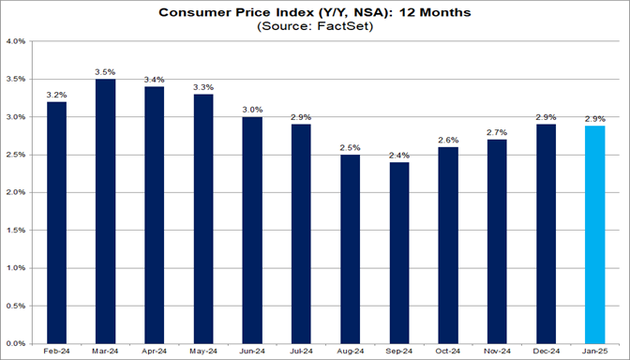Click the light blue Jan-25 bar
tap(595, 234)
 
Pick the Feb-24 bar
tap(56, 222)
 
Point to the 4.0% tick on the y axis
tap(16, 42)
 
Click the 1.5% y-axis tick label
tap(16, 230)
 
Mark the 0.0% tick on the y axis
tap(16, 342)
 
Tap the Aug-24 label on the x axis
tap(351, 352)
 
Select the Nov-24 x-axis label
tap(497, 352)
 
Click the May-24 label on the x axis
tap(203, 352)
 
